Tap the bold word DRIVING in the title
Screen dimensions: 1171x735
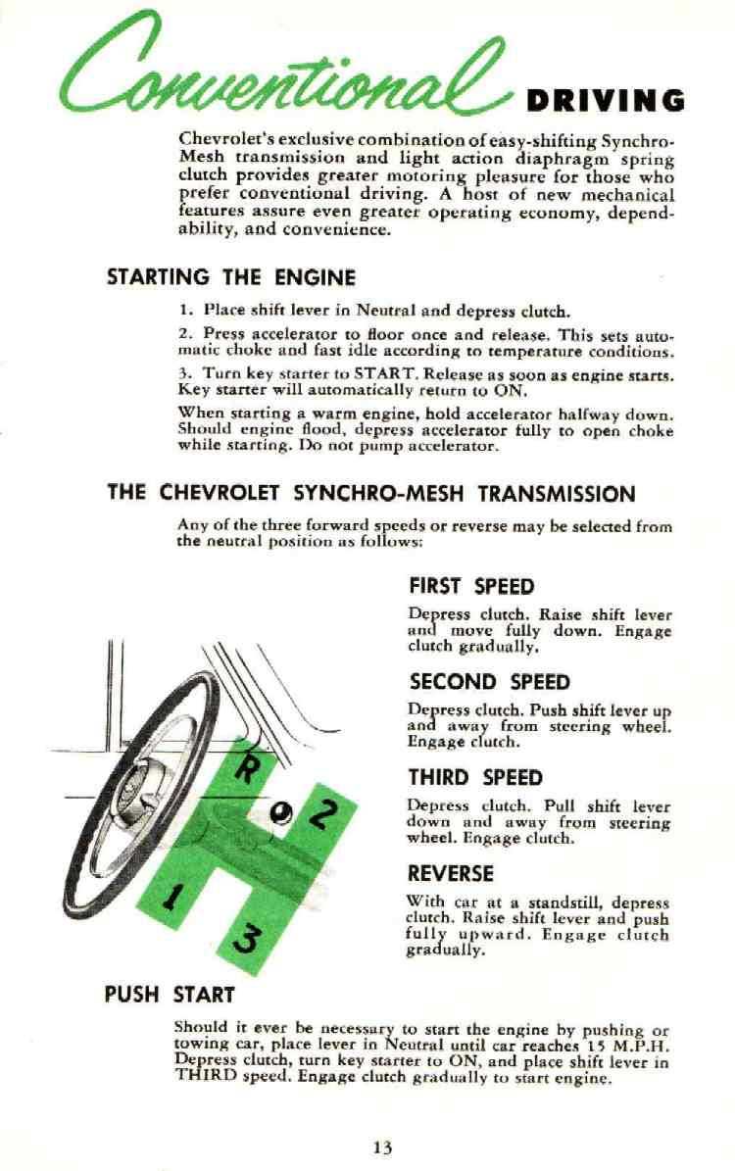605,101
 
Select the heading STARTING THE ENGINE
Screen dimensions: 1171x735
230,278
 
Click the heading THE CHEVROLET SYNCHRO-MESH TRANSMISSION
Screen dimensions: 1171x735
370,494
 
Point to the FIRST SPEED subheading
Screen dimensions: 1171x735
471,587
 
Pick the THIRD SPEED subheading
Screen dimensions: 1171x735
475,778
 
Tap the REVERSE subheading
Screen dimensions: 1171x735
451,873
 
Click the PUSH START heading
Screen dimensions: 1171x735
171,995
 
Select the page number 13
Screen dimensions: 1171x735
382,1147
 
